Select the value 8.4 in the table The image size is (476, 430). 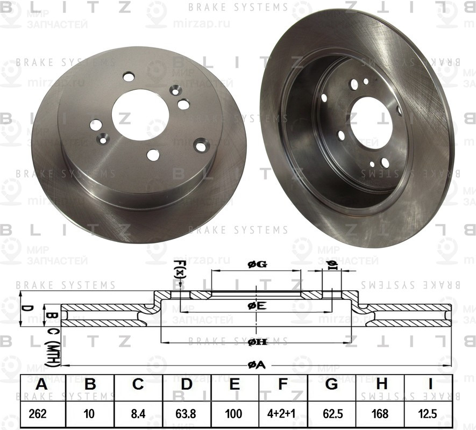(138, 415)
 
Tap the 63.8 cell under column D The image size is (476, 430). (187, 415)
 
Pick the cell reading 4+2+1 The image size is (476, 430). (283, 415)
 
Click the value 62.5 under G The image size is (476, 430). (331, 415)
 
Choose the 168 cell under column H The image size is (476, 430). (381, 415)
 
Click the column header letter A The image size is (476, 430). (41, 385)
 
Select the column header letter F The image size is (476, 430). (283, 385)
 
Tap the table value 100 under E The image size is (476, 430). (235, 415)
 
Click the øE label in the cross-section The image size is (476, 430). (257, 306)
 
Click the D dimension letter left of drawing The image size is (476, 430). (24, 309)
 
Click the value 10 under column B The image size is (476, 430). (90, 415)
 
